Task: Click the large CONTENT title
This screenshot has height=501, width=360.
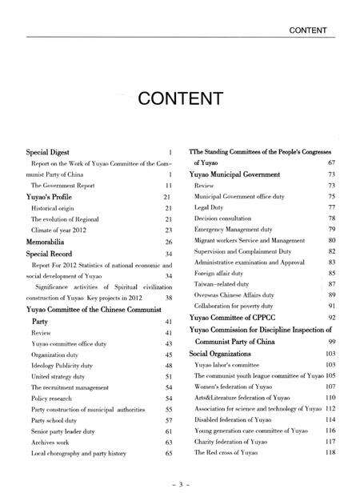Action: [179, 98]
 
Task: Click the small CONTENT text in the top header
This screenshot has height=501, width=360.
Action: [311, 30]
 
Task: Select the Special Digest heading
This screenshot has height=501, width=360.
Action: [53, 151]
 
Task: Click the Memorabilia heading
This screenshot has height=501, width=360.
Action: [52, 241]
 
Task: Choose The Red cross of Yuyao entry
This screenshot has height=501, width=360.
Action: [231, 453]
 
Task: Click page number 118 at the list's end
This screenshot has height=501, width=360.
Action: [330, 453]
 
